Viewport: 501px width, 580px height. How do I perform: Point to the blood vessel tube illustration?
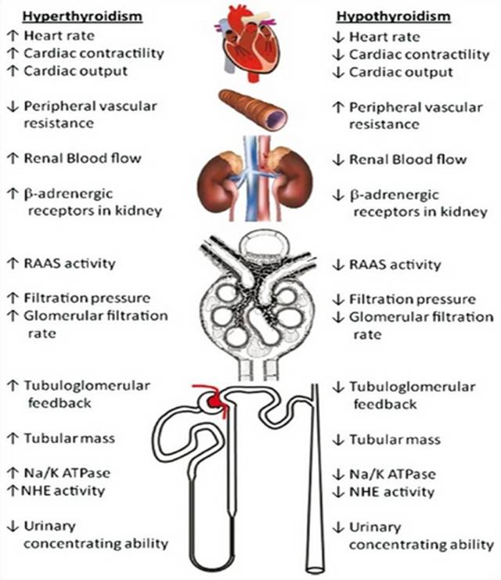(250, 109)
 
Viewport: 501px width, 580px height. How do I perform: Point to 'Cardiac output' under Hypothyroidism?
(401, 72)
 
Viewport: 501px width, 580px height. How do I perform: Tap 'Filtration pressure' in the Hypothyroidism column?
(412, 299)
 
